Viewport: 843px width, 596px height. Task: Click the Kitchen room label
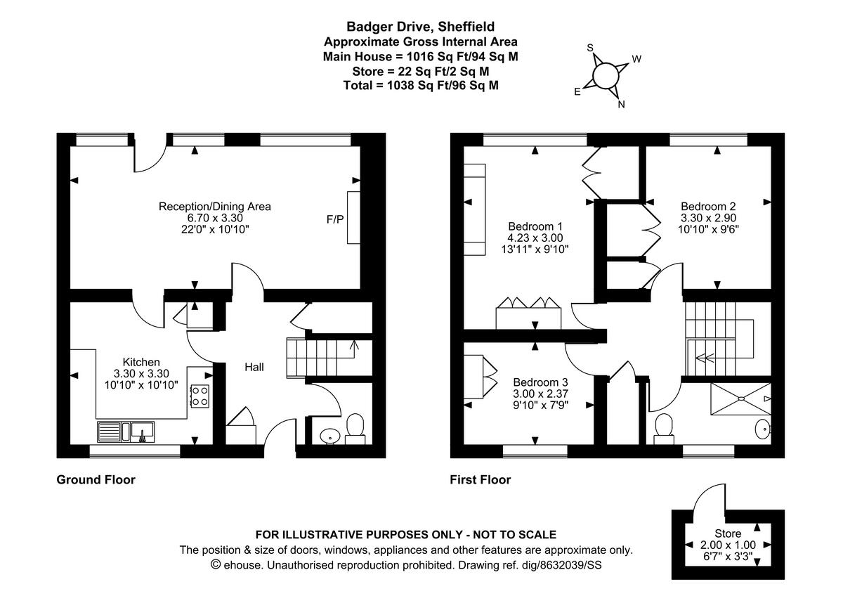point(141,362)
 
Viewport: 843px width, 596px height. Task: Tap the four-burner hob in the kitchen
point(200,396)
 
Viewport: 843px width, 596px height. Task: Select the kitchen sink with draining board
point(126,432)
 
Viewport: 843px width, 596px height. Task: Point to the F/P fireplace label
point(335,219)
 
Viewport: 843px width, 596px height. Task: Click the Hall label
point(254,367)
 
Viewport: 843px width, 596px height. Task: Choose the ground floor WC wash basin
point(329,436)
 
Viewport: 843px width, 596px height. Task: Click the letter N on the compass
point(621,104)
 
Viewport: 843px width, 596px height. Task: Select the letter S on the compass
point(590,48)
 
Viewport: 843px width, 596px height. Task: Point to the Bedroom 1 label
point(535,226)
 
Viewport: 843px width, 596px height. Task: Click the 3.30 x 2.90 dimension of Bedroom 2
point(708,218)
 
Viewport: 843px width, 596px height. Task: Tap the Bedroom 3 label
point(540,382)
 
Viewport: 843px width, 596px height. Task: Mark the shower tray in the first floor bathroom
point(740,399)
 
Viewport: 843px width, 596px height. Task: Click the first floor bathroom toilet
point(664,429)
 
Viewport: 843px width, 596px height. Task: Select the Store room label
point(728,533)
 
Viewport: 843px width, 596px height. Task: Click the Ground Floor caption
point(96,479)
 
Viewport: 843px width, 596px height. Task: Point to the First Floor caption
point(481,479)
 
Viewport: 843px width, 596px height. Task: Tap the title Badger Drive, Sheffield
point(420,26)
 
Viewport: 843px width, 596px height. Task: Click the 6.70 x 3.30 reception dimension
point(215,218)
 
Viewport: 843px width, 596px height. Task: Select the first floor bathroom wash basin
point(763,429)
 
